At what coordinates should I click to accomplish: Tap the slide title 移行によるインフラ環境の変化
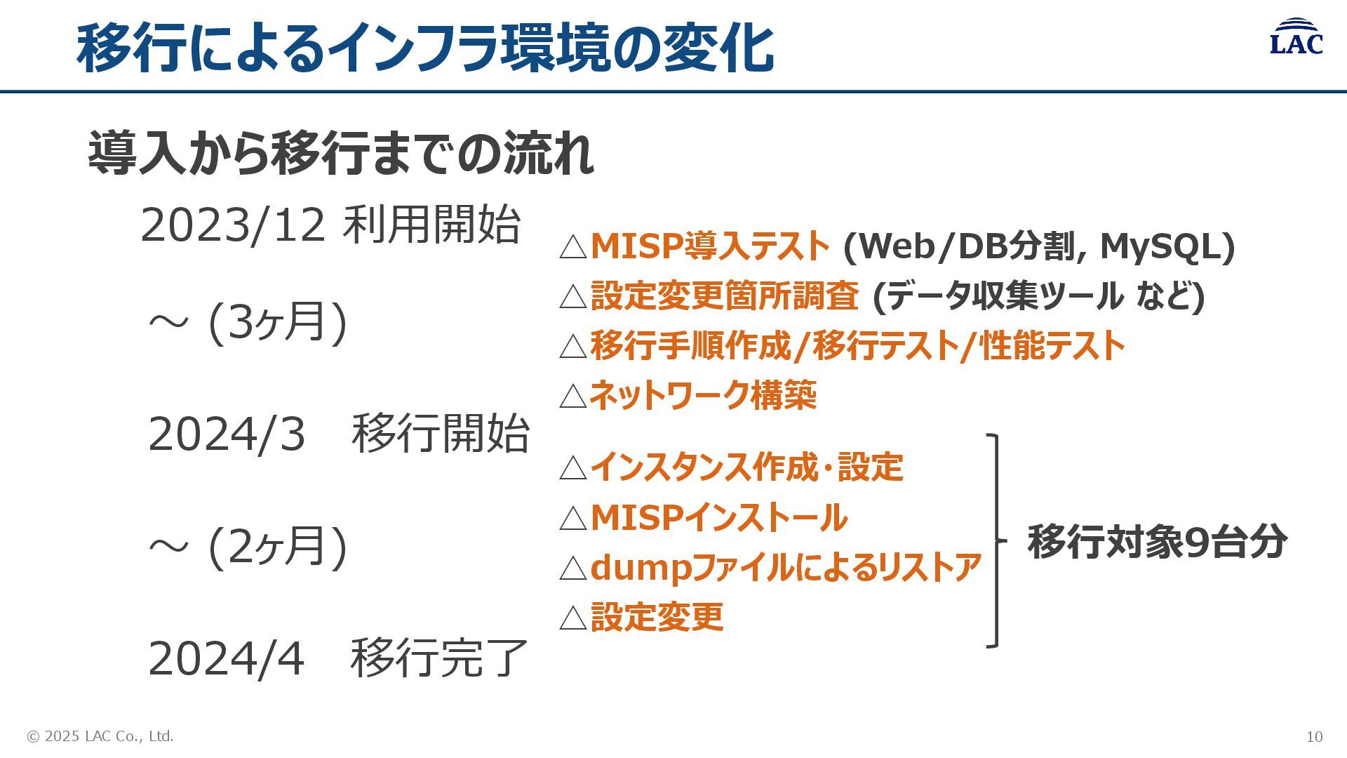click(x=425, y=48)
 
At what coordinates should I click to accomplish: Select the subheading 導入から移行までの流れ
click(x=341, y=154)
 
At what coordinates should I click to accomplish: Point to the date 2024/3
click(x=227, y=434)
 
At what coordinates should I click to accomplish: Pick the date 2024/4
click(x=226, y=658)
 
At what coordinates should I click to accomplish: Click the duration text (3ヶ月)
click(x=278, y=322)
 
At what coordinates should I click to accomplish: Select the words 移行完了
click(x=438, y=658)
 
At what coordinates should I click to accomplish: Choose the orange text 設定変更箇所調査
click(x=725, y=295)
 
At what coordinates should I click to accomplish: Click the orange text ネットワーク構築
click(x=703, y=395)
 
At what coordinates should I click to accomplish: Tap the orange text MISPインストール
click(x=718, y=518)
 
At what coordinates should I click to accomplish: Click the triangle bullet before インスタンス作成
click(x=573, y=468)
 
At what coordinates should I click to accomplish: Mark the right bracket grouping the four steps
click(x=995, y=540)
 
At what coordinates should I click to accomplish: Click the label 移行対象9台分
click(x=1157, y=542)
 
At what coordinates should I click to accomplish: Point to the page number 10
click(x=1314, y=736)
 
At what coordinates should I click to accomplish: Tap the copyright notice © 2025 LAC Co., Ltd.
click(x=100, y=736)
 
